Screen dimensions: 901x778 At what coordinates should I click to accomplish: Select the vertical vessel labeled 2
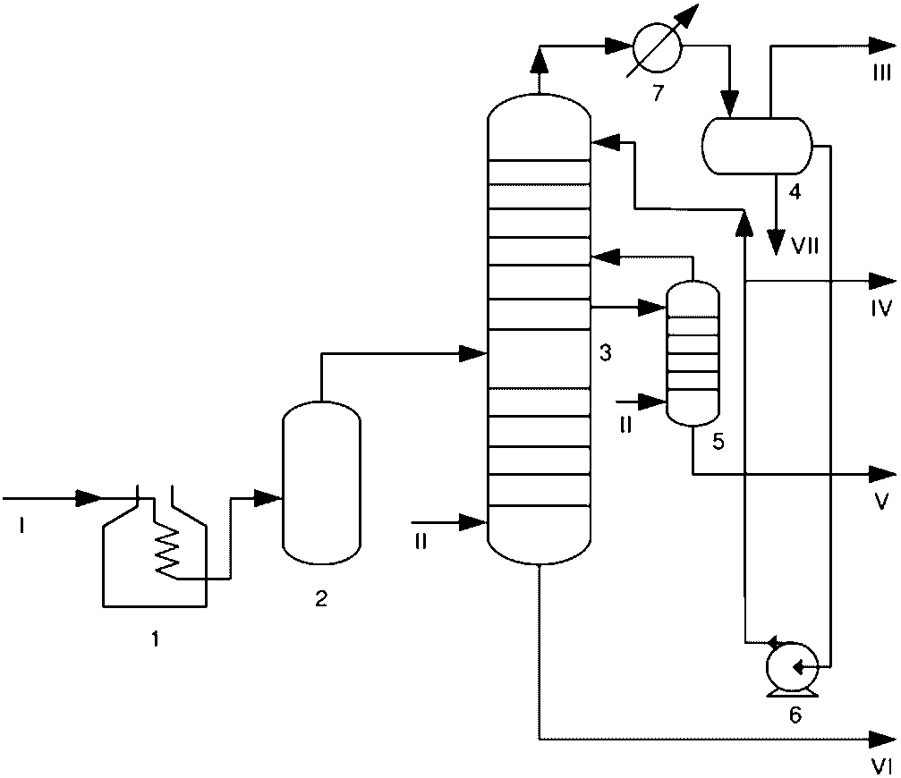tap(322, 482)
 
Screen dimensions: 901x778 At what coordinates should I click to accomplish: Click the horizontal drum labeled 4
tap(757, 146)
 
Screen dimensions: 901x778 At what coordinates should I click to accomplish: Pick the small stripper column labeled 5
tap(693, 353)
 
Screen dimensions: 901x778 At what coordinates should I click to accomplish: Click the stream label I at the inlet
tap(21, 525)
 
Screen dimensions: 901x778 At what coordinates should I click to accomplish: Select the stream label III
tap(882, 73)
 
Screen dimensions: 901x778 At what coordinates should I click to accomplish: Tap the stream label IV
tap(881, 309)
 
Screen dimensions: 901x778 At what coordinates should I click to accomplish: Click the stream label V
tap(881, 502)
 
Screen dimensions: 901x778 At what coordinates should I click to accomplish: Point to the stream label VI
tap(881, 766)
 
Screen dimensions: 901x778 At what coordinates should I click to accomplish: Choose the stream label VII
tap(804, 246)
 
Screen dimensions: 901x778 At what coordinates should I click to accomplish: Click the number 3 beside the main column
tap(606, 353)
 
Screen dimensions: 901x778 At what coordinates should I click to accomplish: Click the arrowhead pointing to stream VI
tap(882, 739)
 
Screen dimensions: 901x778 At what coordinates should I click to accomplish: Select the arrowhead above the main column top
tap(539, 59)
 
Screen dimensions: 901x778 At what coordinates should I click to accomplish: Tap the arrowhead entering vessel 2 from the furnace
tap(268, 498)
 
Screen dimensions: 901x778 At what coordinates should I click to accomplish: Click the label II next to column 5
tap(625, 426)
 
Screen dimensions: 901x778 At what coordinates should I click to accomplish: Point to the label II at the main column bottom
tap(421, 541)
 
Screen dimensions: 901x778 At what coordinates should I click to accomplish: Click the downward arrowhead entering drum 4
tap(730, 105)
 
